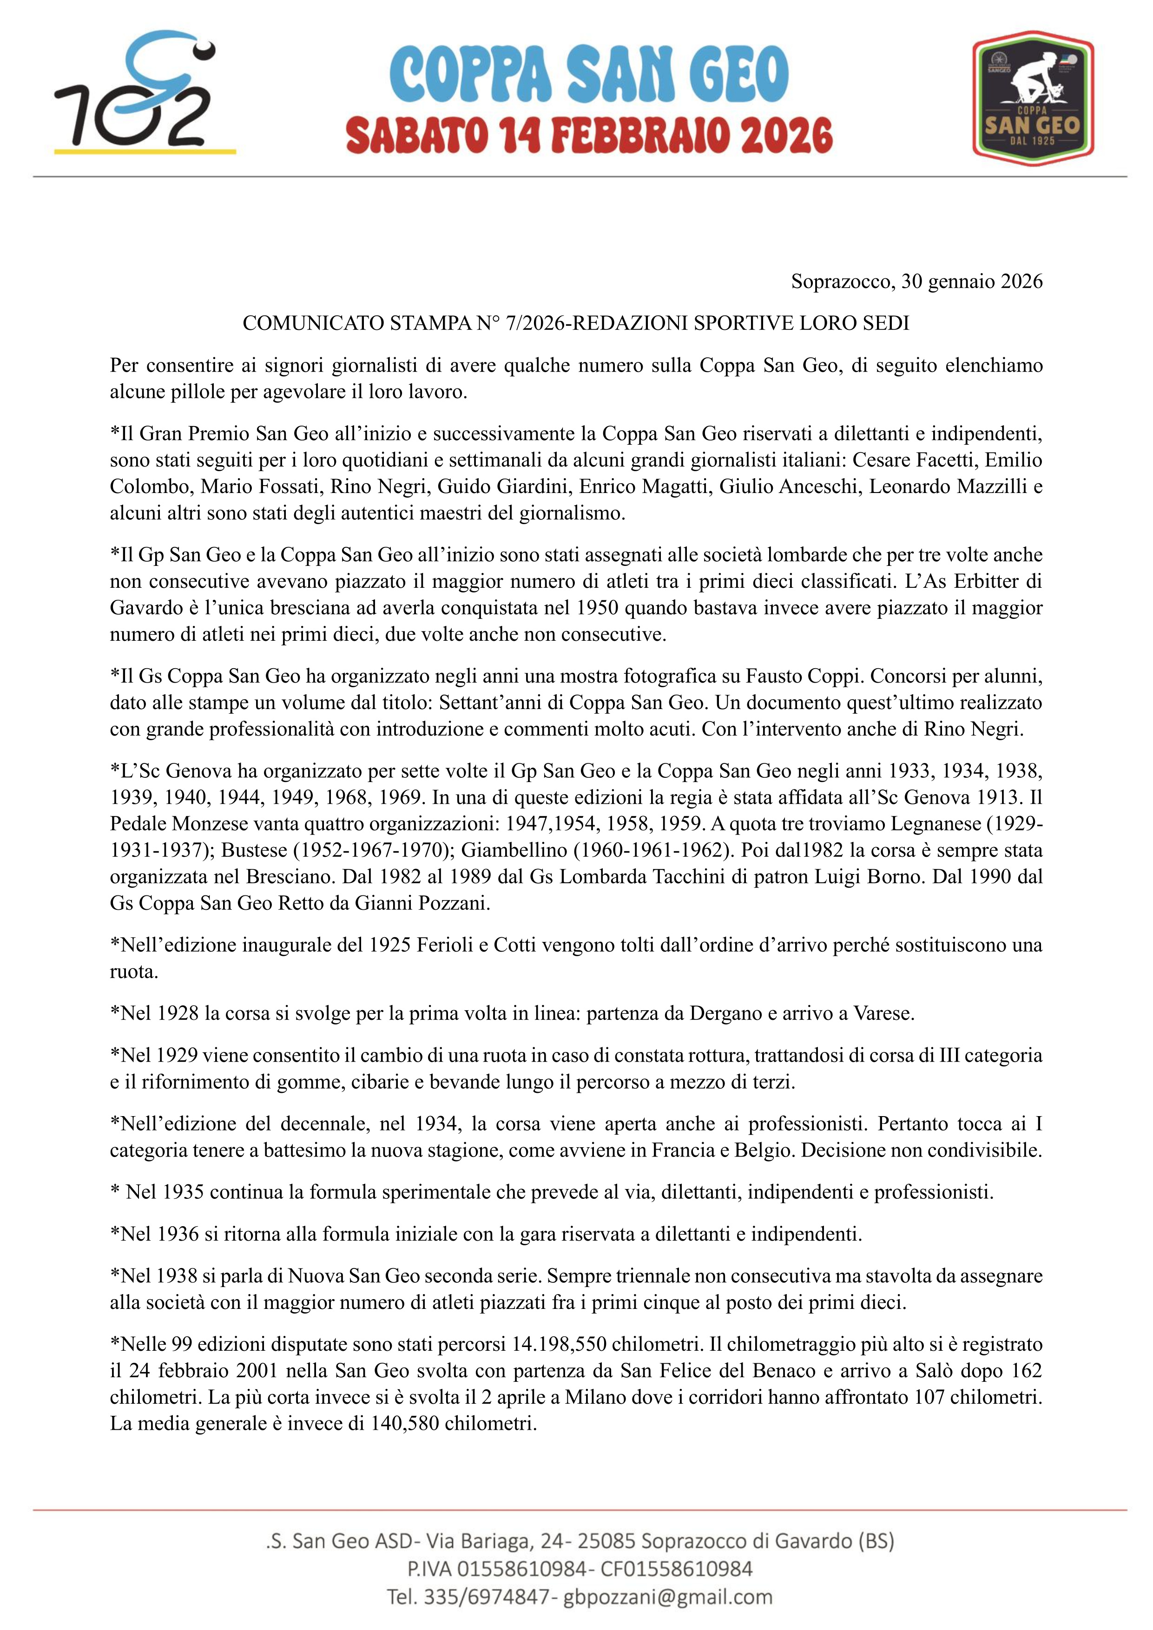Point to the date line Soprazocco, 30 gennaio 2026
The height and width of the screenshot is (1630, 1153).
916,282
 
